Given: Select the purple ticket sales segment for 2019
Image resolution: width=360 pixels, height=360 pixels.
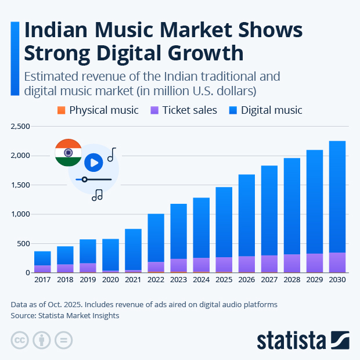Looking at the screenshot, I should coord(88,268).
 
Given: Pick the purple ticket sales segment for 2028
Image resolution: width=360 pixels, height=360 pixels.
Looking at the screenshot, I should coord(292,264).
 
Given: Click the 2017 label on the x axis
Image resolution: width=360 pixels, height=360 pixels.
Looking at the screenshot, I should coord(42,280).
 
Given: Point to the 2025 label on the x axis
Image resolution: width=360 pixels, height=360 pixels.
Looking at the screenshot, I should coord(224,280).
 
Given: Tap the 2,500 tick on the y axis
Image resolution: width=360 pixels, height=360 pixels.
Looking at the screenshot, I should coord(20,127).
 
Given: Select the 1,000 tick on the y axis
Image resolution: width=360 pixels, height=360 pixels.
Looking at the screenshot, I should coord(20,214).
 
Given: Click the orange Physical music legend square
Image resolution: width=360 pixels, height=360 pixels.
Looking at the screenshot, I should coord(62,110).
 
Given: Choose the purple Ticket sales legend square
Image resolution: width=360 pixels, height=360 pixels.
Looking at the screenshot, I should coord(154,110).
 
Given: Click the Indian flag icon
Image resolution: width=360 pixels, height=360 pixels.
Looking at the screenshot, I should coord(68,153).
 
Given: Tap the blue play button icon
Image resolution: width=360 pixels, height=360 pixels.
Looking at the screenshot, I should coord(93,162).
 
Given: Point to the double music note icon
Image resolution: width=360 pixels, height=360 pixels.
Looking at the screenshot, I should coord(97,195).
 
